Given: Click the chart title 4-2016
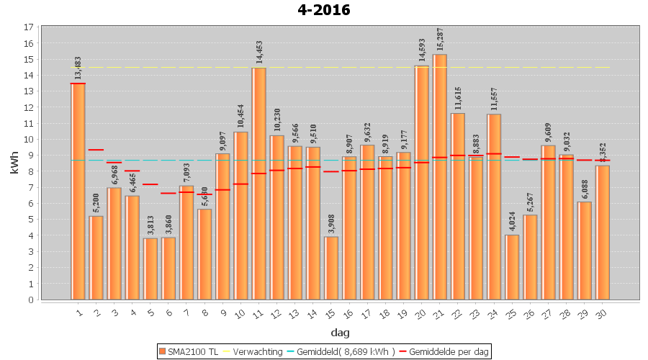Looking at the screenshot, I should tap(323, 10).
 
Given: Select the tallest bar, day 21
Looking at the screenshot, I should tap(440, 176).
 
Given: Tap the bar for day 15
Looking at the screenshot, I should tap(331, 268).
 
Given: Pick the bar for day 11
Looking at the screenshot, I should tap(259, 184).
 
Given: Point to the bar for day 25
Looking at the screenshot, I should tap(512, 267).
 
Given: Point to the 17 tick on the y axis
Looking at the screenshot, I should tap(29, 27).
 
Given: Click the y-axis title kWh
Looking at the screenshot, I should tap(14, 163).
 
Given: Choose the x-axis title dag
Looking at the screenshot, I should tap(340, 332).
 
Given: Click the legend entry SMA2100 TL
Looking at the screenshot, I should tap(189, 351).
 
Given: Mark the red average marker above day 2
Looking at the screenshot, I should tap(96, 150).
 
